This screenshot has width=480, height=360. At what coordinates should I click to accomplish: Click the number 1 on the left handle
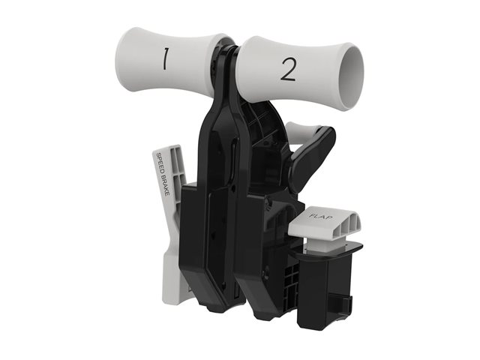point(165,58)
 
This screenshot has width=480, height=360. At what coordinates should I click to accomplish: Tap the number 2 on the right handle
point(288,70)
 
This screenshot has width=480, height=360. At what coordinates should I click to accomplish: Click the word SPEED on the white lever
point(160,164)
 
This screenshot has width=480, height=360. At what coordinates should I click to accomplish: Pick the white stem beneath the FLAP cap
point(318,243)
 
